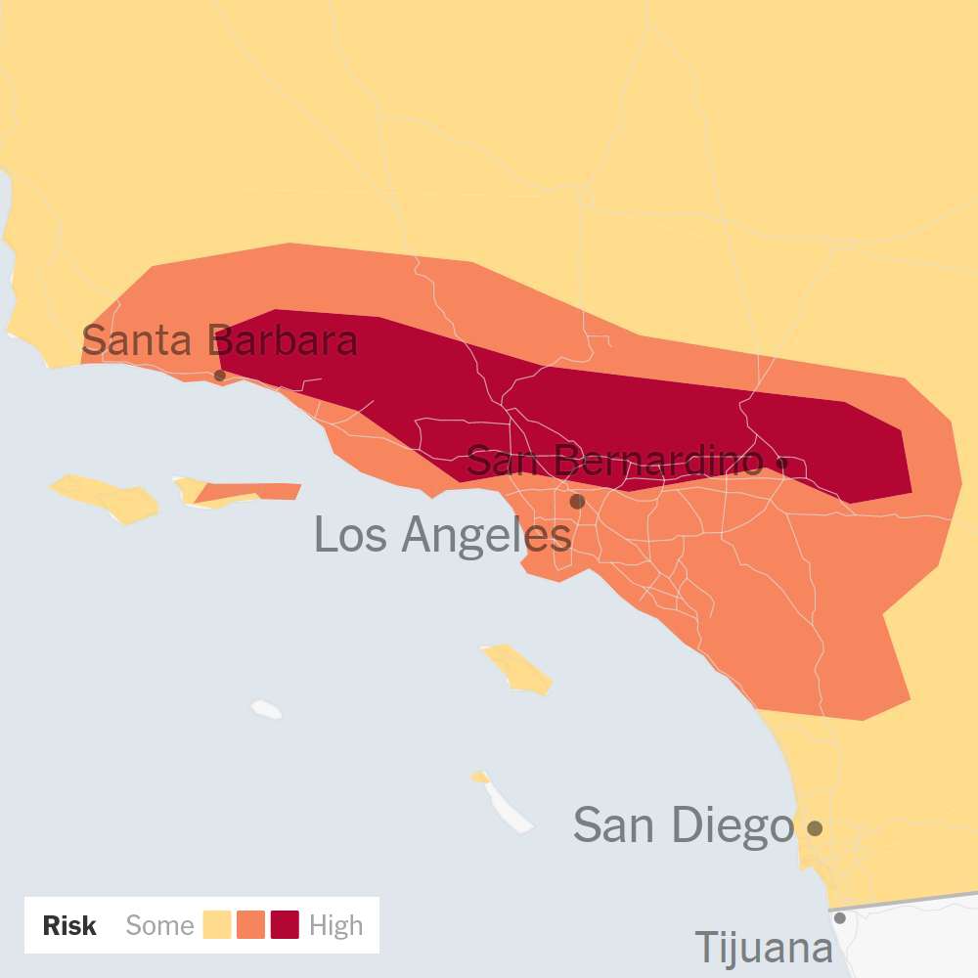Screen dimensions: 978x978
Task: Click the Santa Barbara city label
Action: (x=219, y=341)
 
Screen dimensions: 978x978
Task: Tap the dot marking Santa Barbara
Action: (x=220, y=376)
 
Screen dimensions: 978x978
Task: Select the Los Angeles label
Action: (x=442, y=535)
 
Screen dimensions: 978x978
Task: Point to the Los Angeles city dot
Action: (x=577, y=502)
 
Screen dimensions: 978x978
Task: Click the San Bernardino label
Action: (x=614, y=461)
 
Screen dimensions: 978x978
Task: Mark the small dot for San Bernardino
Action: (x=781, y=462)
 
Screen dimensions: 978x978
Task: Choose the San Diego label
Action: (x=683, y=825)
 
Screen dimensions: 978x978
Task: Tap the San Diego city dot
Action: (x=814, y=828)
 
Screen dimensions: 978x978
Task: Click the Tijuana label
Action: (x=763, y=948)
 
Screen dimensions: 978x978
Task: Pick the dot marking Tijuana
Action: (x=839, y=917)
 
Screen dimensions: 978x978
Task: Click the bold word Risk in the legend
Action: (x=69, y=925)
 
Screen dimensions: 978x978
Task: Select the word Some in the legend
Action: (x=160, y=925)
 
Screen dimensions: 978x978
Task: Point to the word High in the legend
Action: (x=335, y=925)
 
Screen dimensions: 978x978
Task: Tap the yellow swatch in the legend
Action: (x=217, y=925)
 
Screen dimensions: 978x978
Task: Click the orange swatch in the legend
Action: (x=251, y=925)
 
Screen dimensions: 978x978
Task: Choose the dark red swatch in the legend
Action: (x=285, y=925)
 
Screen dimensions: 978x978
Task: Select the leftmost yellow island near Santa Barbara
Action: (x=106, y=496)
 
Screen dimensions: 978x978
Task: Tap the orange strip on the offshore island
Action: (x=254, y=492)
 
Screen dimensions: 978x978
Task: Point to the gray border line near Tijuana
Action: (x=910, y=901)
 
